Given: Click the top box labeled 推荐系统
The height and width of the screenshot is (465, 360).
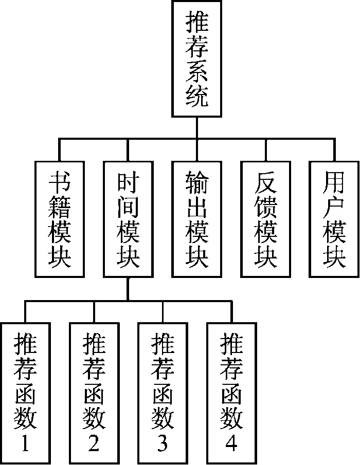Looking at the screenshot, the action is tap(197, 59).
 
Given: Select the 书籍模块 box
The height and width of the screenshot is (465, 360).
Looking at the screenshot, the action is tap(60, 219).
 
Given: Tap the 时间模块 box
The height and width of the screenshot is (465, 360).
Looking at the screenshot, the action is tap(128, 219).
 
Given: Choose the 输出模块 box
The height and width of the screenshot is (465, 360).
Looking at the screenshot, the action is tap(197, 219).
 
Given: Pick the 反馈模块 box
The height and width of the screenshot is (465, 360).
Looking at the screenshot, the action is tap(265, 219).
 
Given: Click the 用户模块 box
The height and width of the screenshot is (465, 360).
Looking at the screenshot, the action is tap(334, 219).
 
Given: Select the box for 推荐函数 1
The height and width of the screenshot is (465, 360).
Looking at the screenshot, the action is tap(25, 393).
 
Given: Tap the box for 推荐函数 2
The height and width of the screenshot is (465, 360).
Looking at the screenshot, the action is tap(94, 393).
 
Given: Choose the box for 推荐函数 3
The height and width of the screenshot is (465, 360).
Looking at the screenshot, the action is tap(163, 393).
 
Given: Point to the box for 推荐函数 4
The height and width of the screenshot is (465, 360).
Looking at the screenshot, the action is tap(231, 393).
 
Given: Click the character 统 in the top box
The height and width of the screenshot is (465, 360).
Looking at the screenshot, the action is tap(197, 96).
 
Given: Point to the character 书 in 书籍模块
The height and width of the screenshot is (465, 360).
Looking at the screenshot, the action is tap(60, 181).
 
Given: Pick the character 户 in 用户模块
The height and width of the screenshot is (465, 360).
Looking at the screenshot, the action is tap(334, 207).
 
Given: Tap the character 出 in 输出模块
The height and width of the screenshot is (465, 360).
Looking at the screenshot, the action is tap(197, 207).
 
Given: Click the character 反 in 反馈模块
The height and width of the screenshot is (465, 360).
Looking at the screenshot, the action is tap(265, 181).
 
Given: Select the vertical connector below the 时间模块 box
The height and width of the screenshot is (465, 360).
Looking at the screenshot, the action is tap(128, 289).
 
